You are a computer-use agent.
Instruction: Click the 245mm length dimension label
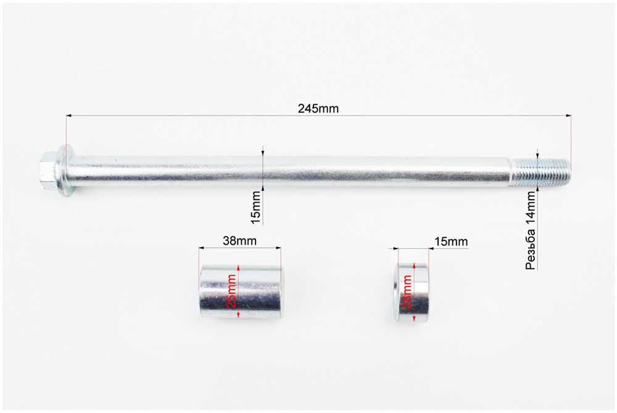point(318,108)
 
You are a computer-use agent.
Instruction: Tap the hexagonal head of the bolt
point(49,171)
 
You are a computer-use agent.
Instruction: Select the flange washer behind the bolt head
point(67,171)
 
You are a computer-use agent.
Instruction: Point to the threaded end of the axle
point(540,172)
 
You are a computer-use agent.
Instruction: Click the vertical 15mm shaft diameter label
point(256,208)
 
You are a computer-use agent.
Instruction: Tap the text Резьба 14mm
point(531,231)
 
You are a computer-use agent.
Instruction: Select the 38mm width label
point(239,240)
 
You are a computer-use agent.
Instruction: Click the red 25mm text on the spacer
point(232,291)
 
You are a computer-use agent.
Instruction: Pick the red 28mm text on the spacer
point(408,292)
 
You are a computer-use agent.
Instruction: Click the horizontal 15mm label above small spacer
point(451,241)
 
